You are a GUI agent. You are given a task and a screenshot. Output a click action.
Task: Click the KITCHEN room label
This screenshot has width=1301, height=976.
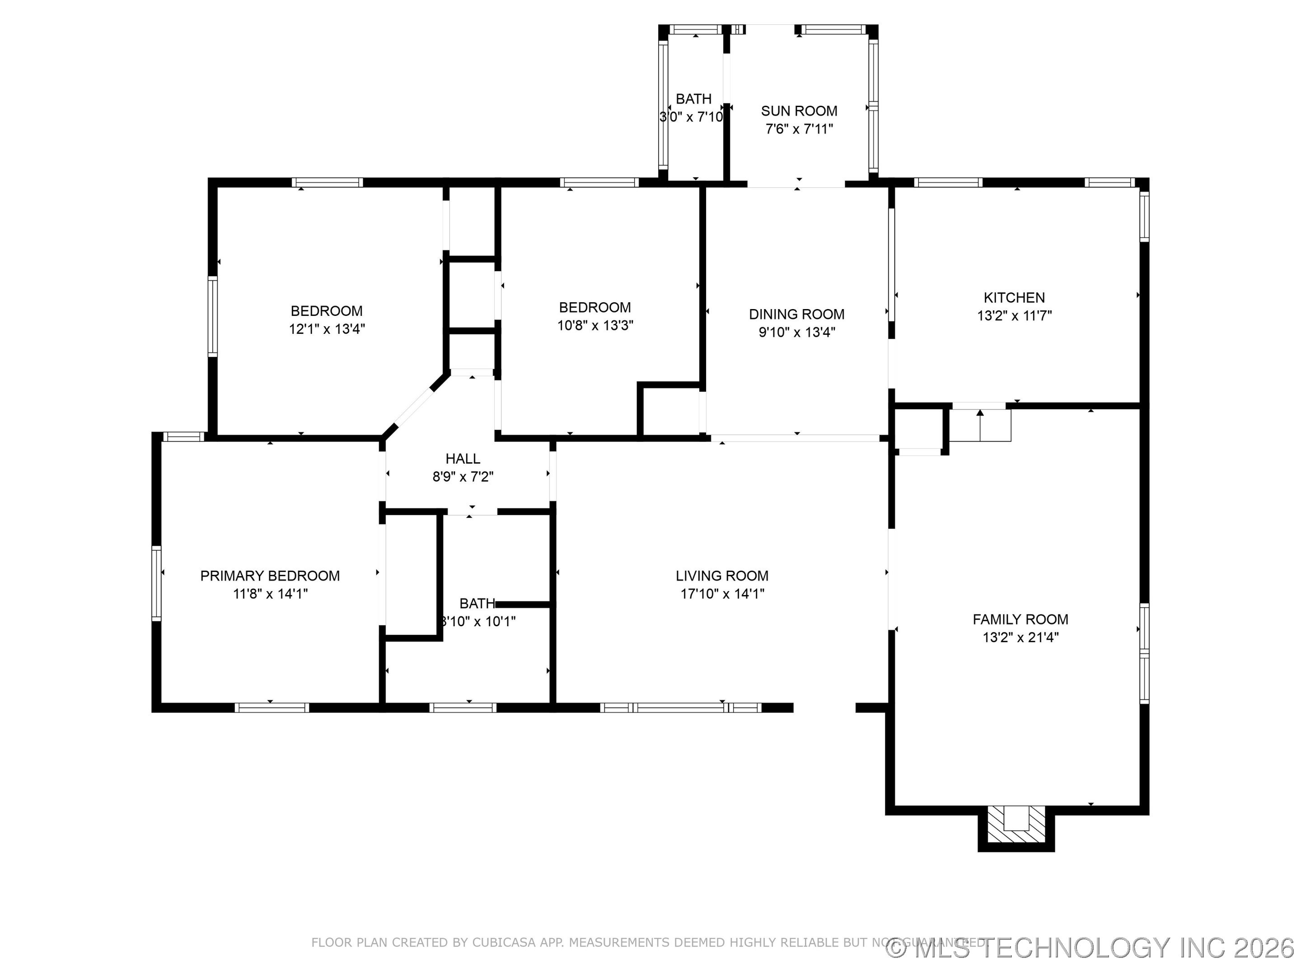pos(1014,298)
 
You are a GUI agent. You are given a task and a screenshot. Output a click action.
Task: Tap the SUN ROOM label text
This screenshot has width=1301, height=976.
pos(799,111)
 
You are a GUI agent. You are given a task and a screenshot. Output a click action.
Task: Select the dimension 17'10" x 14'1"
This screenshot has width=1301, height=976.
pos(722,594)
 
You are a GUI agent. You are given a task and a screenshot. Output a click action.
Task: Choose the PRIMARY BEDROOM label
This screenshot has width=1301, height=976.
pos(270,576)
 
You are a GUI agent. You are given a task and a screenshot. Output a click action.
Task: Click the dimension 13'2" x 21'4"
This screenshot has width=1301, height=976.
pos(1020,637)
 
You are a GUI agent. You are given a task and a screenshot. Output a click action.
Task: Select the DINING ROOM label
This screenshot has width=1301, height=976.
pos(796,314)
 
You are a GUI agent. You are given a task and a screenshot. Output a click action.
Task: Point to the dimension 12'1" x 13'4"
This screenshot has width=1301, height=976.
pos(327,329)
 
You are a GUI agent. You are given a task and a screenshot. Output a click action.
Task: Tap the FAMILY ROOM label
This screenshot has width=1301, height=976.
pos(1020,619)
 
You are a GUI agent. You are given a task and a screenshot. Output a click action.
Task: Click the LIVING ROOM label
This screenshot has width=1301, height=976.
pos(722,576)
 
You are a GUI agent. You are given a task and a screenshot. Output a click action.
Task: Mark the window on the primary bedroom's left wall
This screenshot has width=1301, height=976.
pos(156,583)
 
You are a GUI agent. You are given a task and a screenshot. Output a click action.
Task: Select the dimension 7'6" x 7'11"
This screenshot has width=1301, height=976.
pos(799,129)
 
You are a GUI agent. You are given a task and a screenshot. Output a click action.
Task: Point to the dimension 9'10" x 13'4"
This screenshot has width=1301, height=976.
pos(796,332)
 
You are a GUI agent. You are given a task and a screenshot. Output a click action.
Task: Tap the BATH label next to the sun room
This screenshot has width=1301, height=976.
pos(693,99)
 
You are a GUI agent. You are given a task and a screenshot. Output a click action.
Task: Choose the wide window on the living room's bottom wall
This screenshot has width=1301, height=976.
pos(680,708)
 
